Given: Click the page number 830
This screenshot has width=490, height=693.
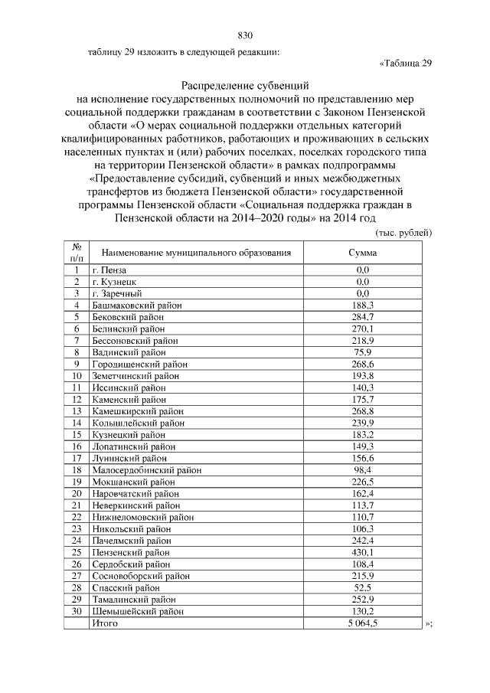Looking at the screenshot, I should pos(245,35).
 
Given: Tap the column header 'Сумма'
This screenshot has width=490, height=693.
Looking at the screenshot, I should pos(363,252).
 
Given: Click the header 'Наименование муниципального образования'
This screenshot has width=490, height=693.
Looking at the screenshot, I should pos(197,252).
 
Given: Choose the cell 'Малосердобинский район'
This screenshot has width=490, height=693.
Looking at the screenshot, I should pos(141,469).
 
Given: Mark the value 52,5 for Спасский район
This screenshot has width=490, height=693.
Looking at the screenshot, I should pos(363,587).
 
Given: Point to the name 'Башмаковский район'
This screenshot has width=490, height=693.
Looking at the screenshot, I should pos(136,305).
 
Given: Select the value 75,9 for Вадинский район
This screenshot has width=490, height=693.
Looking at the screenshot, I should pos(363,351).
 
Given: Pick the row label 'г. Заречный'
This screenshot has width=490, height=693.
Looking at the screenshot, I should pos(117,293).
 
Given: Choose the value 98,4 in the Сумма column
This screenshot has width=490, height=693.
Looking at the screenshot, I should pos(363,469).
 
